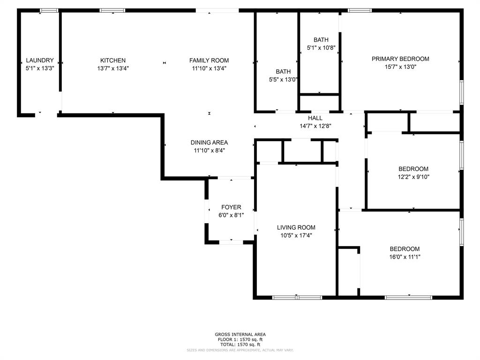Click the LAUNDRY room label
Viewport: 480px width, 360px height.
click(x=40, y=60)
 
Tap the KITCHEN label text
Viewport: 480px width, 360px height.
click(x=113, y=60)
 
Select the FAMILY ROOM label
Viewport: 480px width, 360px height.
click(x=209, y=60)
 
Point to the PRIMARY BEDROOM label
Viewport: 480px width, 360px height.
click(x=400, y=59)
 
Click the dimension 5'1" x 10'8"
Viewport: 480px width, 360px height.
click(x=321, y=48)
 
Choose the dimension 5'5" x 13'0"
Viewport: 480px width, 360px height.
click(x=283, y=79)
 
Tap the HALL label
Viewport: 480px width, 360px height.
click(x=315, y=118)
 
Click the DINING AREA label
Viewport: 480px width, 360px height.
click(x=209, y=142)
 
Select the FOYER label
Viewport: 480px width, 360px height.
click(x=231, y=207)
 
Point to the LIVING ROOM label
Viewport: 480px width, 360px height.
click(x=296, y=227)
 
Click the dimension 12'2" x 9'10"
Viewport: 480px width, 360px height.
click(x=413, y=177)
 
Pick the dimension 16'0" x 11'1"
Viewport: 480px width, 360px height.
click(x=405, y=257)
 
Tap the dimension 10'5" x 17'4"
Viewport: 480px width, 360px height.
click(x=296, y=235)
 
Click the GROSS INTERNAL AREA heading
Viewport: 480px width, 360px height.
click(x=240, y=334)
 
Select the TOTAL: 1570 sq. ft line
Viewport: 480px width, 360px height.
click(x=240, y=345)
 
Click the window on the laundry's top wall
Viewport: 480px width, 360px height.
click(x=49, y=10)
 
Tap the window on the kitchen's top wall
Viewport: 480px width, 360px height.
click(x=112, y=10)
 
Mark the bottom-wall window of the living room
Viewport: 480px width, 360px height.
click(x=297, y=297)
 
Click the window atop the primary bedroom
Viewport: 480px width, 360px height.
click(x=360, y=10)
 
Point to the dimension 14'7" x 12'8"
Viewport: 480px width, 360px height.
click(x=315, y=126)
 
